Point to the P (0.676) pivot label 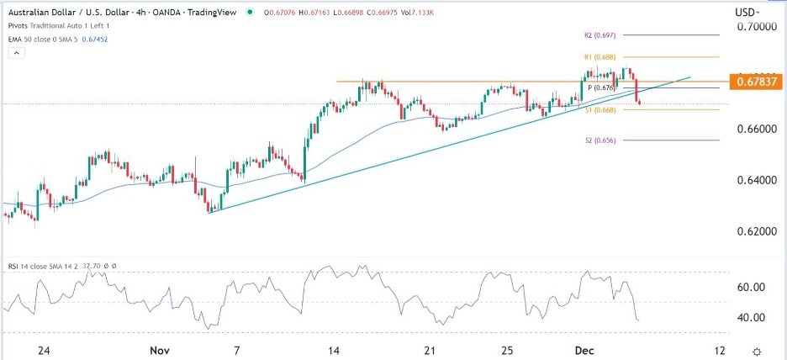click(602, 87)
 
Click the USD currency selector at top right click(746, 13)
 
